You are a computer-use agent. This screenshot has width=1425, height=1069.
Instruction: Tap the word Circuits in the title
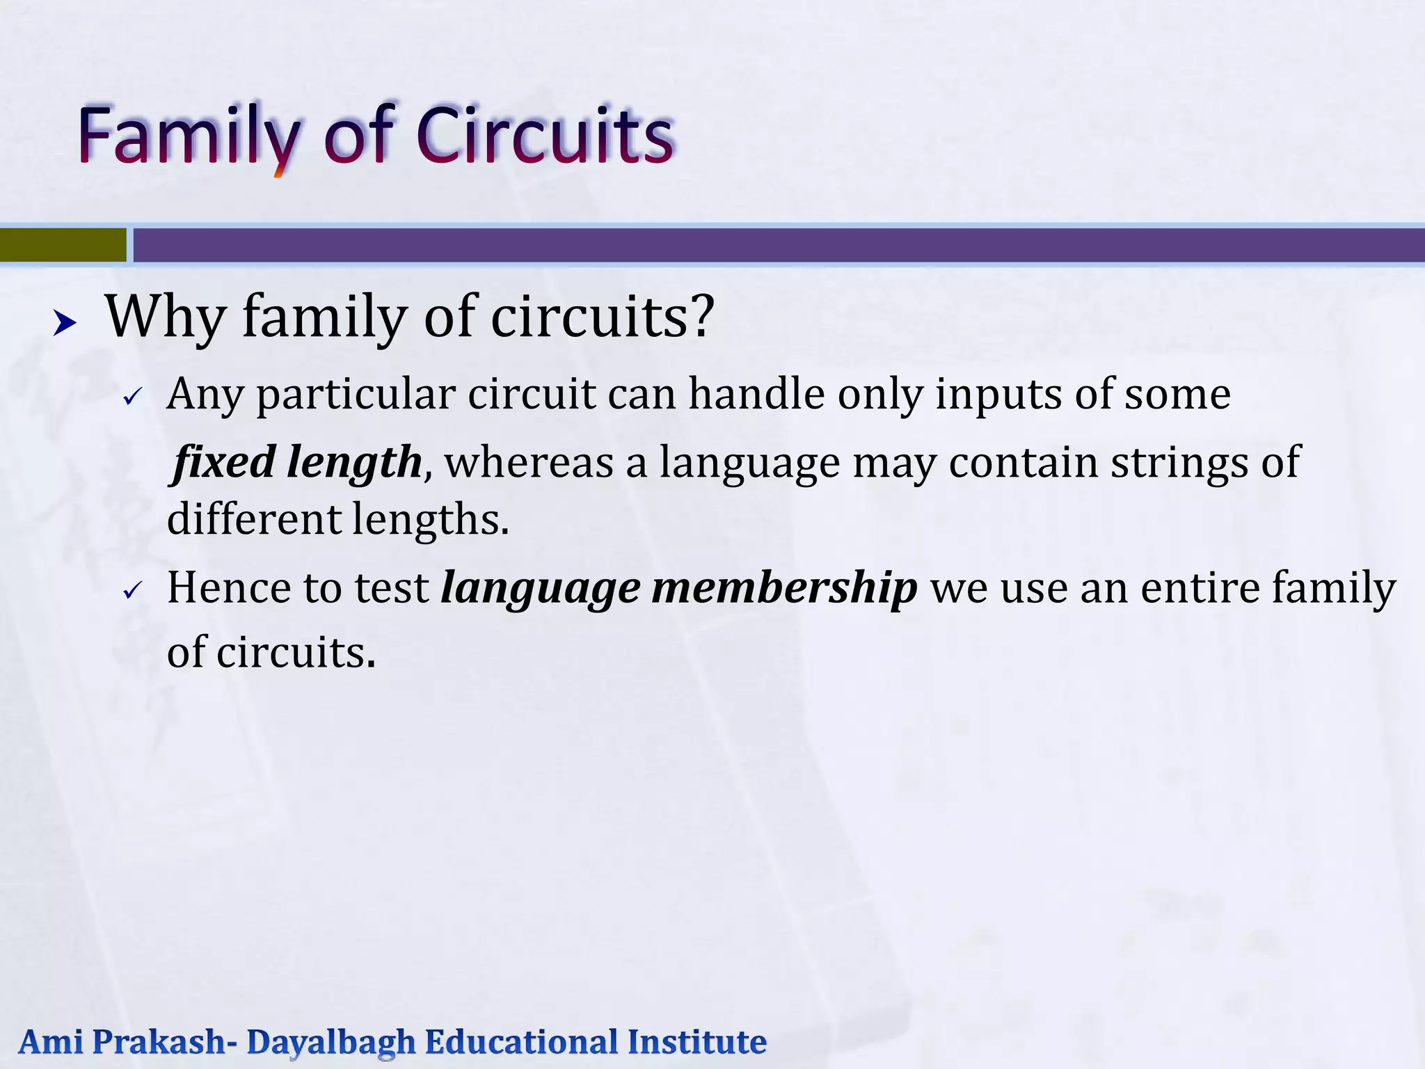(x=545, y=135)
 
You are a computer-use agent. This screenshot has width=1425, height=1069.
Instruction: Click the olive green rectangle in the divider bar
(x=63, y=245)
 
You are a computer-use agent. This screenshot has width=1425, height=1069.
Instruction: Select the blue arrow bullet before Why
(x=65, y=323)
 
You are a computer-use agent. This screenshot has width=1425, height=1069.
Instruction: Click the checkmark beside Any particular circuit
(x=132, y=397)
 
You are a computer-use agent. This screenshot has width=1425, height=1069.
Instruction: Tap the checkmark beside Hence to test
(x=132, y=592)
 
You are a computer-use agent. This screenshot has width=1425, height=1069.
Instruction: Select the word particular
(x=356, y=395)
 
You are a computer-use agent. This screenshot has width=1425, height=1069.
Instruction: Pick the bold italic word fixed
(x=225, y=462)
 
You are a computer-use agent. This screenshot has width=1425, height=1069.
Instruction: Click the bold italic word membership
(x=784, y=588)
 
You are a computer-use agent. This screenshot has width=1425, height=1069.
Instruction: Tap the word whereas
(x=529, y=464)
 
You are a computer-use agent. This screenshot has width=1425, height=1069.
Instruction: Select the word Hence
(x=229, y=588)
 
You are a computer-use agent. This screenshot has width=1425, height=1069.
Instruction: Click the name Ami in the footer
(x=51, y=1042)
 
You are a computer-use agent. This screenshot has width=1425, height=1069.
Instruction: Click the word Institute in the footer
(x=696, y=1042)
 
